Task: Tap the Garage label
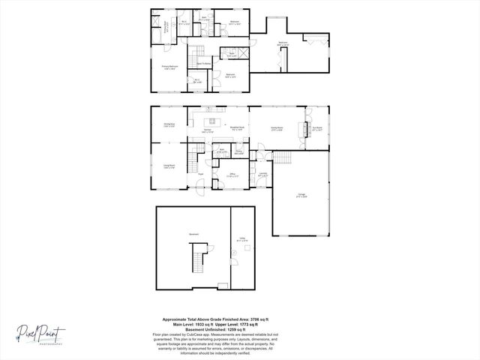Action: point(301,194)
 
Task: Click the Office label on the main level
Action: point(232,174)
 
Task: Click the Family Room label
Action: point(277,128)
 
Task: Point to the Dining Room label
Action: point(169,124)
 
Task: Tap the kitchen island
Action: point(213,121)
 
